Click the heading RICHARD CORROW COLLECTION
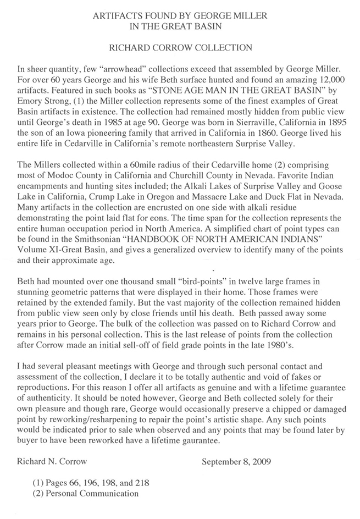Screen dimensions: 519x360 tap(180, 47)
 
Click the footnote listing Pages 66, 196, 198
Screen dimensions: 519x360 tap(91, 483)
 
